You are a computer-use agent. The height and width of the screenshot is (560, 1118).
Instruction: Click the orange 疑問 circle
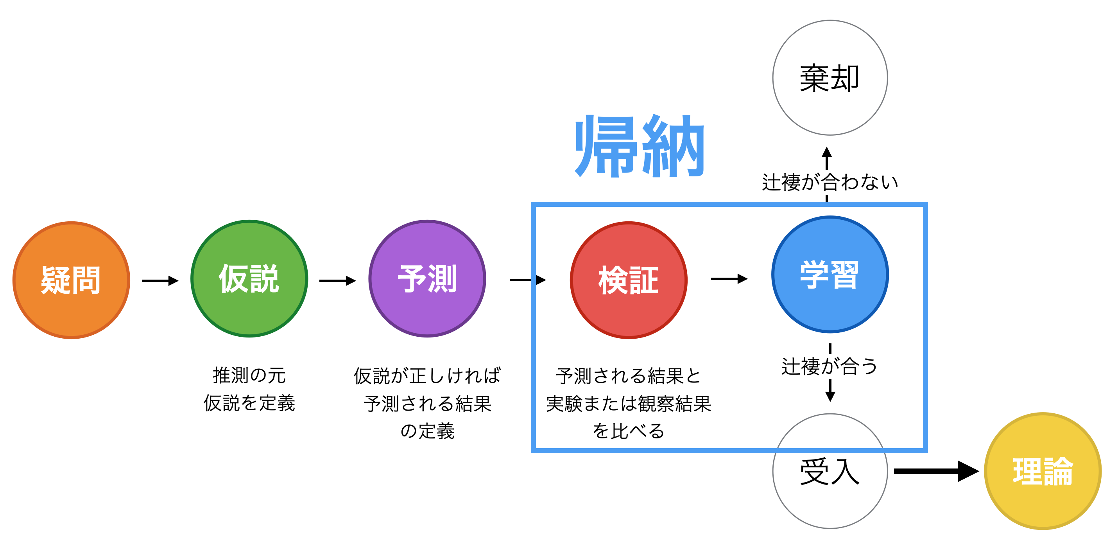point(72,280)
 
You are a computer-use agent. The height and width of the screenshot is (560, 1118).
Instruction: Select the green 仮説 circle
point(249,279)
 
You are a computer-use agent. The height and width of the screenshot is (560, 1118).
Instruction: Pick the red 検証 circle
point(629,280)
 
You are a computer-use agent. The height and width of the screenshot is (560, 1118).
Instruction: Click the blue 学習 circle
point(830,275)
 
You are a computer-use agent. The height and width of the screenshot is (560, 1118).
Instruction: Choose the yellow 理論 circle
point(1043,471)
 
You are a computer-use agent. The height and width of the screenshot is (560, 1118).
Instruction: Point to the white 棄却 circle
point(830,78)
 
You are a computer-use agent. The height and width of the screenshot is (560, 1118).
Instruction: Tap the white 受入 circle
point(830,471)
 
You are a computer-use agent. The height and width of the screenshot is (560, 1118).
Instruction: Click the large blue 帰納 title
point(639,146)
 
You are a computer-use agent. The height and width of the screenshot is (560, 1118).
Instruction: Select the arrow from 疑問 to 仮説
point(160,281)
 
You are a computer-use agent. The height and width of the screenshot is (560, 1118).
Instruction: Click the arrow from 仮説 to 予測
point(338,281)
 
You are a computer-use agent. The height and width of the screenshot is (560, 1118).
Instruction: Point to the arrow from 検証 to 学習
point(729,279)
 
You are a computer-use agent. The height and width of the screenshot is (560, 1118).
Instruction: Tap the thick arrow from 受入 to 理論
point(937,471)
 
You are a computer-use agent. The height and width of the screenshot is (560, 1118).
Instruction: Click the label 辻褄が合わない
point(830,182)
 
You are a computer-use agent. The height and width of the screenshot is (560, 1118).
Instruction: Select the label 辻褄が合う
point(830,366)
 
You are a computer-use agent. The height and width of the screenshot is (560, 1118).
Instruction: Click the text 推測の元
point(249,375)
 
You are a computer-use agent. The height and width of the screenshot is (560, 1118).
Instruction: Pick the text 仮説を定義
point(249,403)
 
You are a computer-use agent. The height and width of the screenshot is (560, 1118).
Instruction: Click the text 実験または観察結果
point(629,404)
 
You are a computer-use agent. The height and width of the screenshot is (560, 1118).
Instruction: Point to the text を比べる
point(629,431)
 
